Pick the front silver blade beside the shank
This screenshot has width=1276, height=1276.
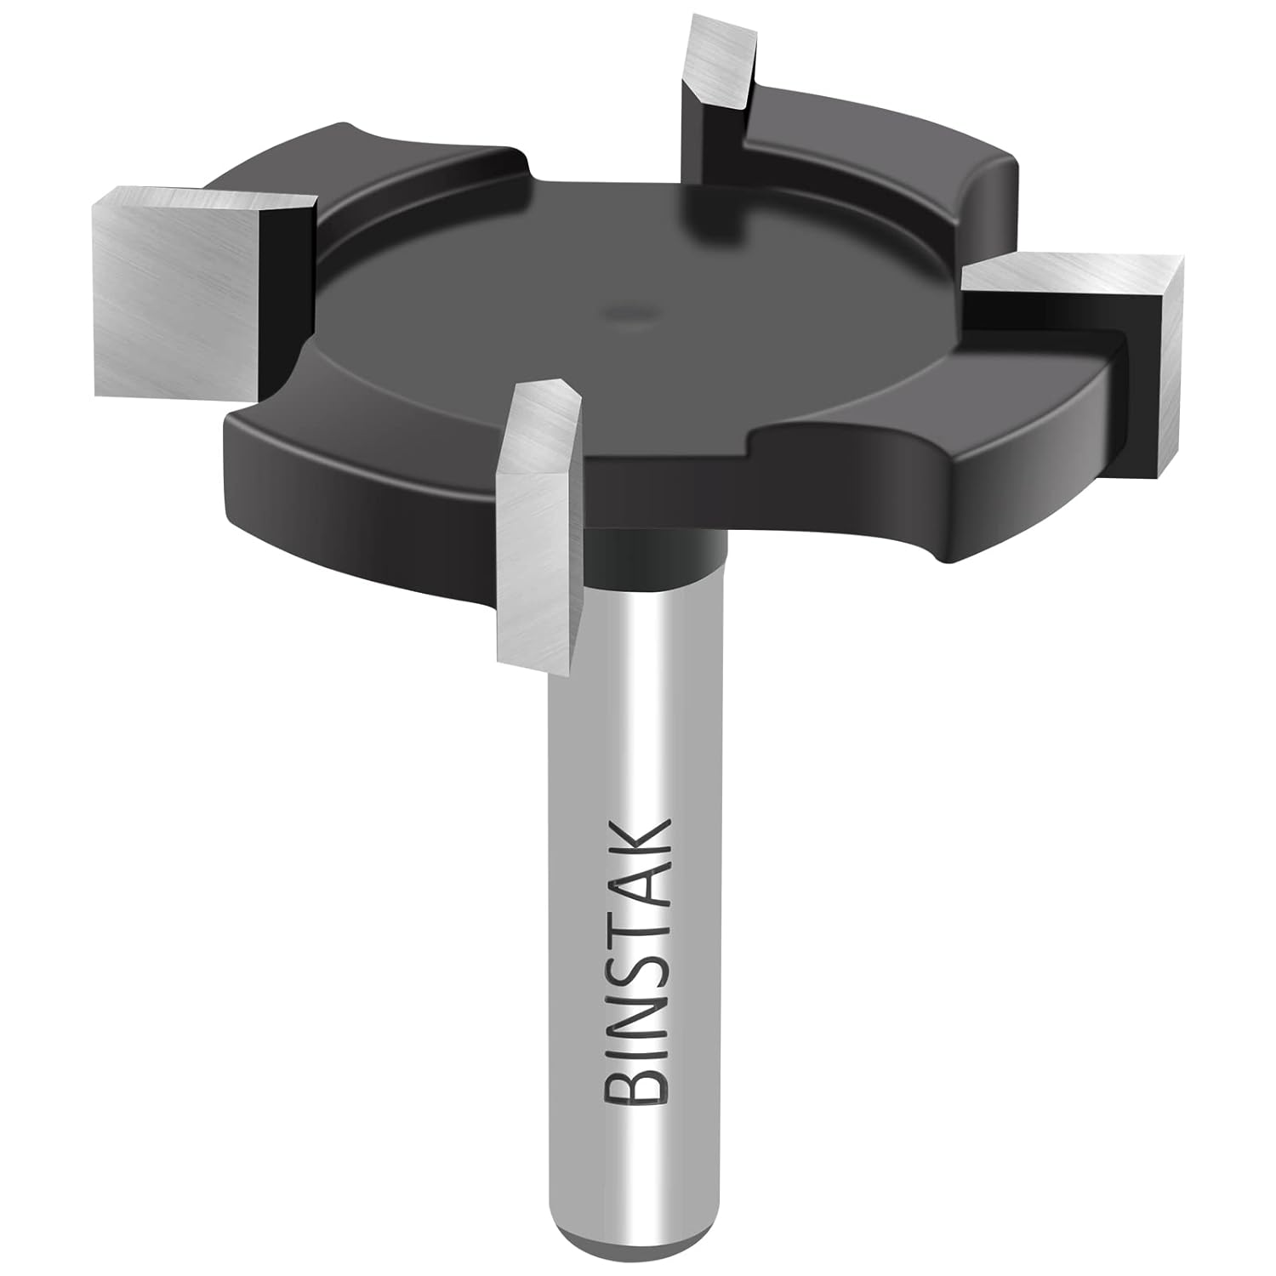tap(536, 519)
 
